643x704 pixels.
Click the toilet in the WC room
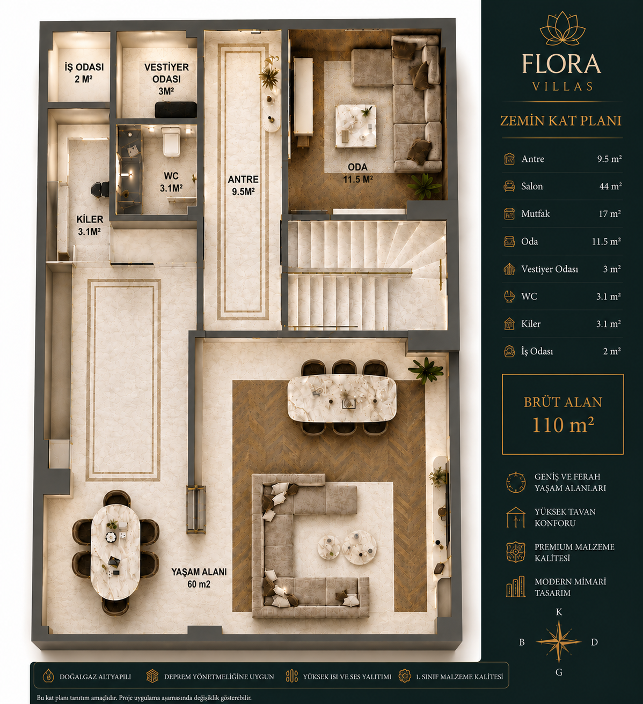[171, 141]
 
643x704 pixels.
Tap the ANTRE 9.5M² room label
[243, 186]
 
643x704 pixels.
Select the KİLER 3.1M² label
[90, 225]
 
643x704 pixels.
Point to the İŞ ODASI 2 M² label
[84, 72]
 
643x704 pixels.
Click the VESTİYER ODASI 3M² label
[166, 79]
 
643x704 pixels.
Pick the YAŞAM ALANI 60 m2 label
[199, 577]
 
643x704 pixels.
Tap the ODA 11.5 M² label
[357, 173]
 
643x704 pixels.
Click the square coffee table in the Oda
[356, 125]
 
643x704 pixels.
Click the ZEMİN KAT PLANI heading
[561, 121]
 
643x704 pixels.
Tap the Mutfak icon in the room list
[509, 214]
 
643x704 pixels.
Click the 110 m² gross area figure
[563, 425]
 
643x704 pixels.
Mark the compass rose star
[559, 642]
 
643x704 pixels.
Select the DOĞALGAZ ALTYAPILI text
[95, 677]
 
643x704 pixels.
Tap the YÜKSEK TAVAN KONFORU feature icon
[516, 517]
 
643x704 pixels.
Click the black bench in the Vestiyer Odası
[176, 109]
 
